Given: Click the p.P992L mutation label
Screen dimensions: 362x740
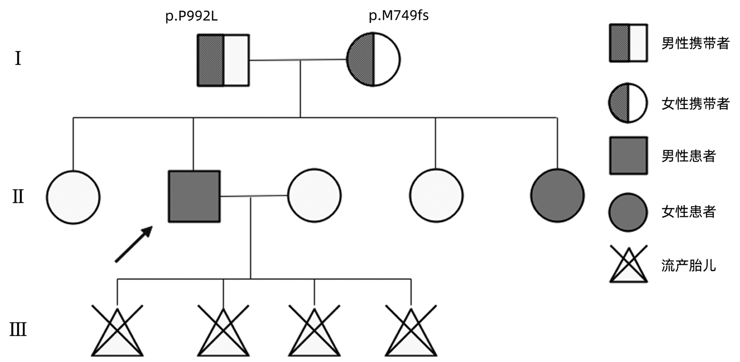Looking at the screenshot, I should coord(191,17).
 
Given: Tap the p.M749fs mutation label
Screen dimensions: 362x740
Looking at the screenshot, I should coord(399,16).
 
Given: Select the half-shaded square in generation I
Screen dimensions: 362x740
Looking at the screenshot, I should coord(223,60).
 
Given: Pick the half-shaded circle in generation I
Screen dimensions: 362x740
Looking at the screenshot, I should coord(373,59).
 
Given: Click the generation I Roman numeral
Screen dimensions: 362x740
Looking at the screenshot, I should coord(18,59).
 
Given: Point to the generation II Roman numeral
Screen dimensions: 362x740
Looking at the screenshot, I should coord(18,197).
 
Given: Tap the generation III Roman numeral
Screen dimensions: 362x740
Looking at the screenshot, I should coord(18,330).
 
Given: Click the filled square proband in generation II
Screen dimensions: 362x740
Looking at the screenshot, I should coord(194,196).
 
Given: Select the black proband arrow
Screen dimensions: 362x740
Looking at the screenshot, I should coord(133,244).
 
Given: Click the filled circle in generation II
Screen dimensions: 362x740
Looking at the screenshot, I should coord(557,196).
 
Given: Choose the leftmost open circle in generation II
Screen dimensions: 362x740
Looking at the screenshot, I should coord(73,197).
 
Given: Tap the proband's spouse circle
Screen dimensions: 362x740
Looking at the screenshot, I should coord(314,196).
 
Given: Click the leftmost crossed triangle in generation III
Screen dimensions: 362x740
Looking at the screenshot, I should coord(117,331).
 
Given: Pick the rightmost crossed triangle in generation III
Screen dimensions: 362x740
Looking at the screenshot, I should coord(411,331).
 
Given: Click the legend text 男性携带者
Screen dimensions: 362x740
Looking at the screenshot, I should coord(695,43).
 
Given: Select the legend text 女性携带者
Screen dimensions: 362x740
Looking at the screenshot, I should coord(695,104).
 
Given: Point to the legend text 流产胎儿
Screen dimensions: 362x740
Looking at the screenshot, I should coord(688,265).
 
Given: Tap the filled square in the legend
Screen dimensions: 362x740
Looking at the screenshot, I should coord(628,156).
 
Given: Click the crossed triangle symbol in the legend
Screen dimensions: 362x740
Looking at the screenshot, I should coord(628,265).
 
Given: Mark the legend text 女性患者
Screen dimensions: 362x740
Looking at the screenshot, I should coord(688,212).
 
